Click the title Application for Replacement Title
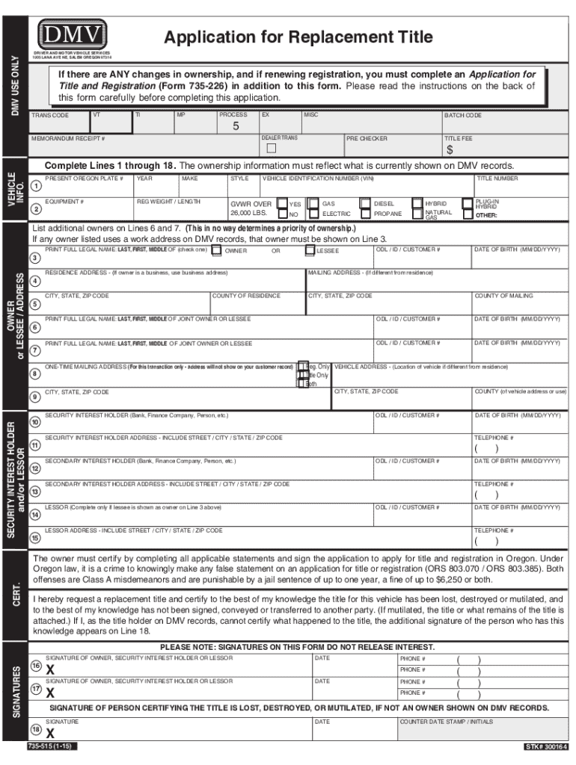click(x=298, y=37)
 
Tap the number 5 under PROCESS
click(x=236, y=126)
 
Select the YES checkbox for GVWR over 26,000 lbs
click(x=281, y=203)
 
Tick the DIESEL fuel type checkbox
click(x=364, y=203)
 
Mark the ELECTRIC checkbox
click(x=313, y=214)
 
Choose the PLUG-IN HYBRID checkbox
click(x=468, y=203)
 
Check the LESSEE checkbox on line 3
click(x=310, y=250)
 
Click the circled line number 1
click(x=36, y=185)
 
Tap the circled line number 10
click(x=35, y=422)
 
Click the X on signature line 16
click(x=50, y=669)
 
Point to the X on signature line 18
click(x=50, y=732)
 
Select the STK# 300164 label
click(x=545, y=747)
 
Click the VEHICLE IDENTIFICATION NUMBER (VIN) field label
click(x=318, y=179)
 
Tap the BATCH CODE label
click(x=463, y=116)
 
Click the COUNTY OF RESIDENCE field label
click(x=247, y=296)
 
